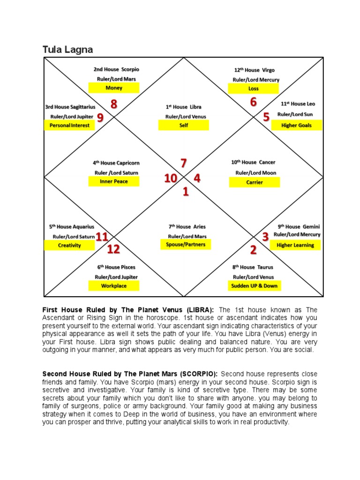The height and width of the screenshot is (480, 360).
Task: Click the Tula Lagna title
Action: pos(67,49)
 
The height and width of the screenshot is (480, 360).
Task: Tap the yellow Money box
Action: pos(114,88)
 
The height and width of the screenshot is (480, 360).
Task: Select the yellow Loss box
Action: pos(253,88)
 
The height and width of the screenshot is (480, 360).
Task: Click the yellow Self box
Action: pos(184,126)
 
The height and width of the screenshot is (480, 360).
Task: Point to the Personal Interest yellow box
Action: pos(69,125)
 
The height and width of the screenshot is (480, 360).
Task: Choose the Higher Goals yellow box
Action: pos(296,125)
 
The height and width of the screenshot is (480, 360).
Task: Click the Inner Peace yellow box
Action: pos(114,181)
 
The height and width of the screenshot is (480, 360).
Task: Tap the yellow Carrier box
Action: pos(255,182)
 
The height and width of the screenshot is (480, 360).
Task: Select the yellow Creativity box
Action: pos(69,245)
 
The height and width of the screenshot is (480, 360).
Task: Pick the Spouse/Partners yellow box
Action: pos(186,245)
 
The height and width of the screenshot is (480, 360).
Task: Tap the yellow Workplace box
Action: pos(114,285)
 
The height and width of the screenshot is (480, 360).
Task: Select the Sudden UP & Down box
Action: pos(255,285)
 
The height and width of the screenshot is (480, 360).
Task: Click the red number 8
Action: pos(113,105)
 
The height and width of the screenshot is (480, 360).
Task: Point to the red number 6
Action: pos(253,102)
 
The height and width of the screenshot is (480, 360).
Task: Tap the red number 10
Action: pos(171,179)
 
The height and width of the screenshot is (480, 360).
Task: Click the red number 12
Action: pos(113,249)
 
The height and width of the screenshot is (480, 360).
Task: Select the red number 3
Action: pos(265,237)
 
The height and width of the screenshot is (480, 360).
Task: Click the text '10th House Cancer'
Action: pos(253,162)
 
